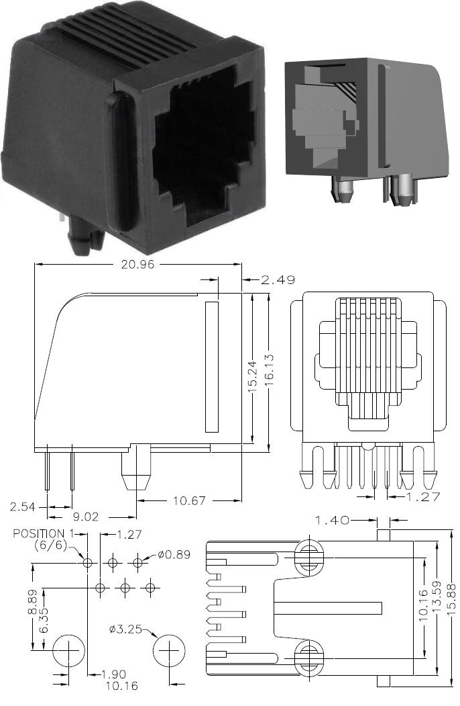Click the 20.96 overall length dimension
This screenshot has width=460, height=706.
coord(139,264)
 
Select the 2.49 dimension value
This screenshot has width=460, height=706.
coord(273,279)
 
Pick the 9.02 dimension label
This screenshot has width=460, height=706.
coord(85,517)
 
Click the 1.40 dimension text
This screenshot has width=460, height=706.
coord(333,520)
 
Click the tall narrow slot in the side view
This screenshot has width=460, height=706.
coord(211,367)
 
